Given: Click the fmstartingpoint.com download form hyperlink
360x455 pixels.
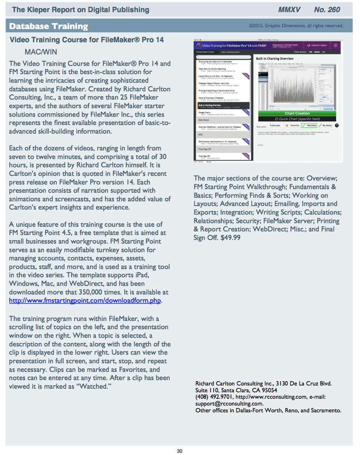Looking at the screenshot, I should coord(85,301).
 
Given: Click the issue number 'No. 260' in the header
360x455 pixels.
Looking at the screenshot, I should coord(327,10).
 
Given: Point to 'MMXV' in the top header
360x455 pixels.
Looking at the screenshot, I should coord(289,10).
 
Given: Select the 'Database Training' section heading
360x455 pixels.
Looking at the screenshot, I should coord(48,26).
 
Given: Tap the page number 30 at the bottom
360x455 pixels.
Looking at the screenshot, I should coord(180,451).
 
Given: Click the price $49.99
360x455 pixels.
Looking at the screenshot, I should coord(231,238).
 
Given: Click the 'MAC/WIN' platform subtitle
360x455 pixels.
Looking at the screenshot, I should coord(41,52).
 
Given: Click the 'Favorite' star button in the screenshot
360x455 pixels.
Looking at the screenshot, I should coord(292,125).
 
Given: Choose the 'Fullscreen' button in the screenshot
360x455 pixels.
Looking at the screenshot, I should coord(275,125).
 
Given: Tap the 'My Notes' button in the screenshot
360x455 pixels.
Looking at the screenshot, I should coord(326,125).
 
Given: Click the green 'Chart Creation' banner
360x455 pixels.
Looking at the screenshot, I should coord(297,113).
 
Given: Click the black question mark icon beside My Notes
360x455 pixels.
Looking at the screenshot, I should coord(337,125).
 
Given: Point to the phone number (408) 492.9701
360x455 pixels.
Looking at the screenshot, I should coord(214,397).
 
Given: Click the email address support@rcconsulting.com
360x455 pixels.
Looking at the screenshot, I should coord(229,404).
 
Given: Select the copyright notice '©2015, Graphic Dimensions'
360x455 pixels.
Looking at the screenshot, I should coord(296,26).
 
